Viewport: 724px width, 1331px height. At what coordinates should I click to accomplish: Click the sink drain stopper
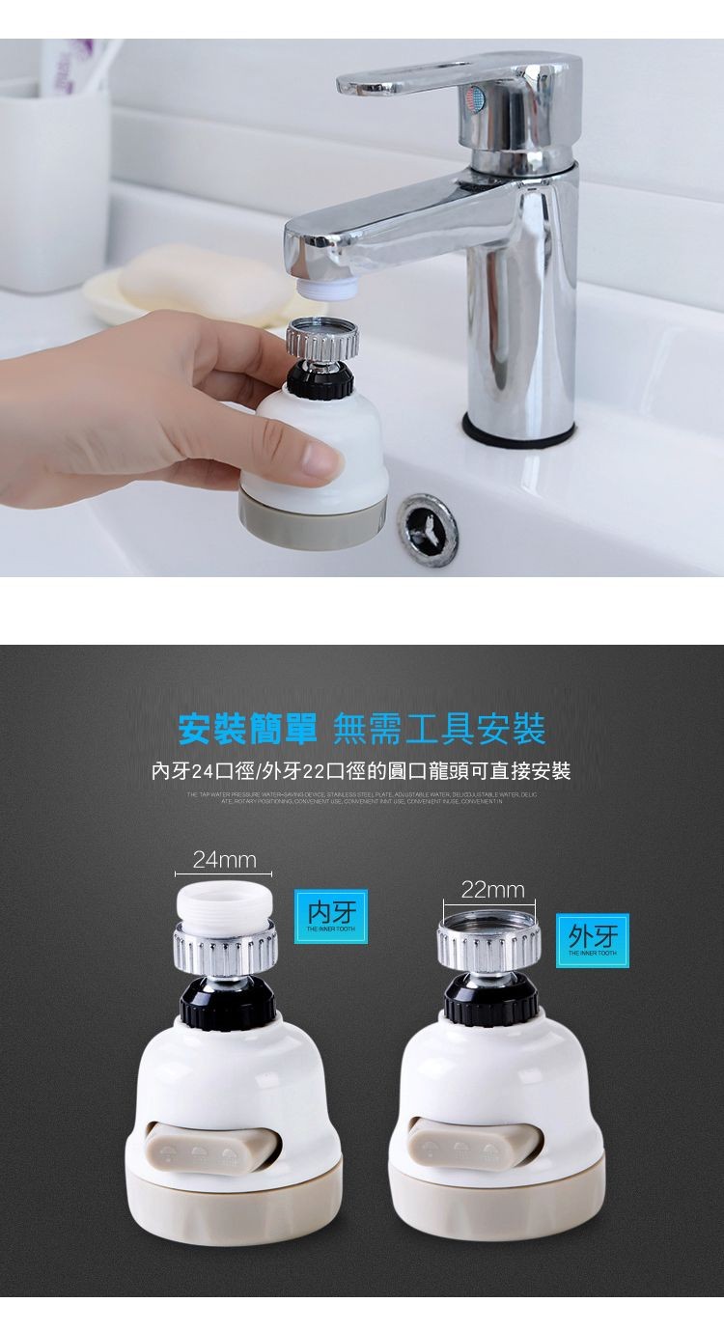[x=427, y=529]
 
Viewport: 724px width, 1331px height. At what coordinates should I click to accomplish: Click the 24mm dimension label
[x=224, y=859]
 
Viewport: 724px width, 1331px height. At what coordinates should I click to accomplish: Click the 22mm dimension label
[x=492, y=889]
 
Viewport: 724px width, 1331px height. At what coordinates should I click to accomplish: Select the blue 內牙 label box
[x=331, y=913]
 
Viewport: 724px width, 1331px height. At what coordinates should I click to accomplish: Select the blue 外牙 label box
[x=592, y=937]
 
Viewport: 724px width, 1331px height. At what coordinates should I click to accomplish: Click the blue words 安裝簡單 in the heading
[x=248, y=728]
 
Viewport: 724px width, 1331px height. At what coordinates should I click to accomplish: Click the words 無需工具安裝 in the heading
[x=439, y=728]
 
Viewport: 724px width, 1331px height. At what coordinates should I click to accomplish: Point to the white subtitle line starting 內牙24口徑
[x=361, y=770]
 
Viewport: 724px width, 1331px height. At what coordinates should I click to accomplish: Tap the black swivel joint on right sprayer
[x=490, y=1000]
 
